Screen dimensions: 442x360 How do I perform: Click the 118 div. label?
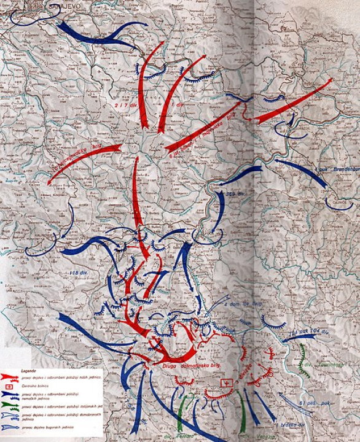coord(79,273)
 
